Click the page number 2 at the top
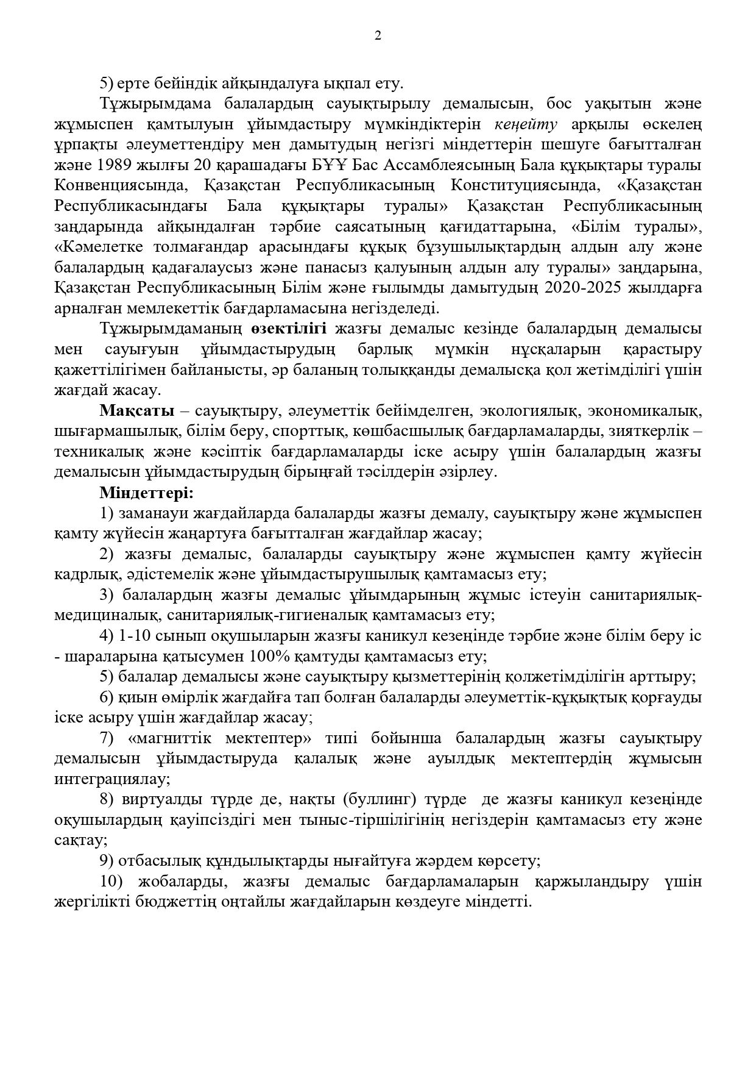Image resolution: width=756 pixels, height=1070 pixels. point(378,36)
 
